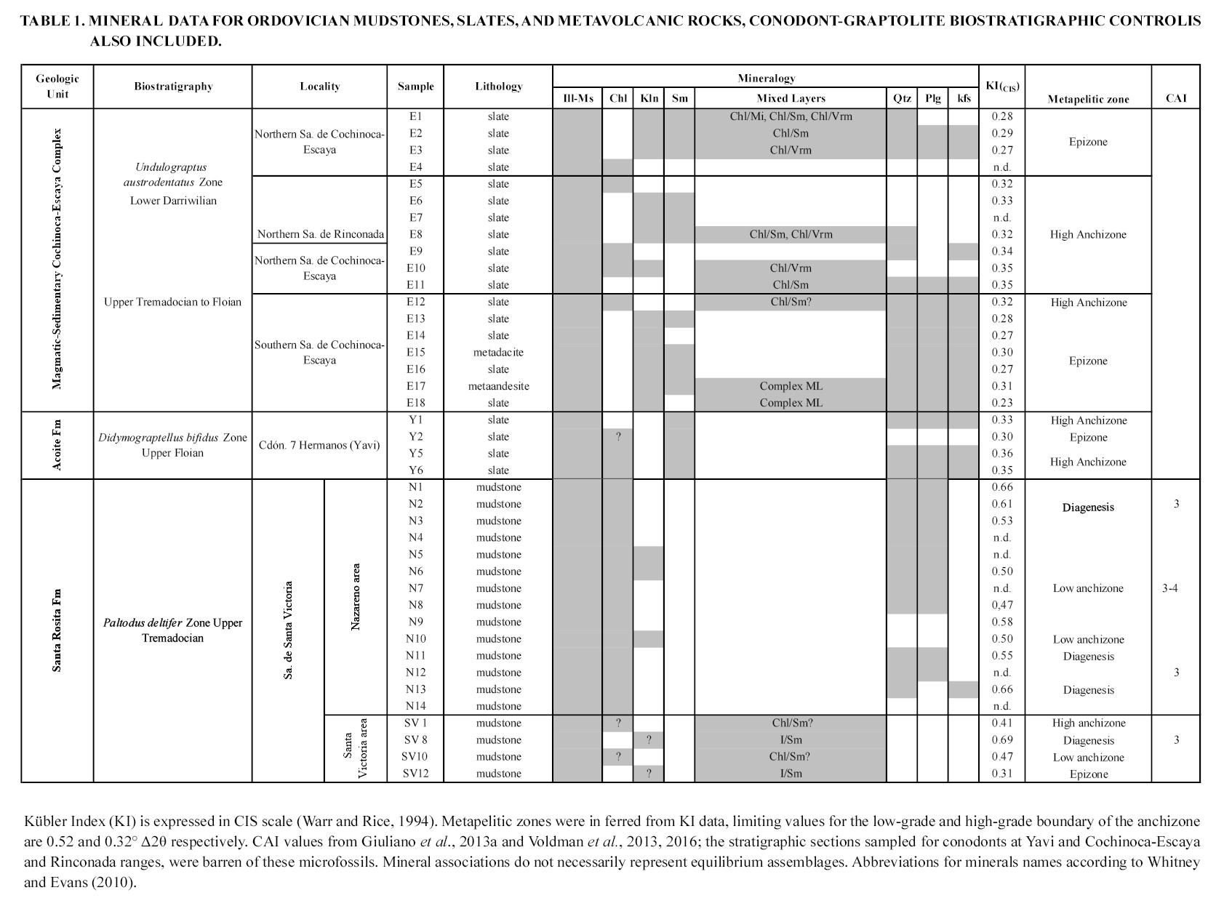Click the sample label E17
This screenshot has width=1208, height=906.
[x=415, y=386]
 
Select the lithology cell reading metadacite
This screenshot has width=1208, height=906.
[x=498, y=353]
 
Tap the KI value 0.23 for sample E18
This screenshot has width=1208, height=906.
[x=1001, y=403]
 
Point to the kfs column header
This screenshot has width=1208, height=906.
[x=964, y=98]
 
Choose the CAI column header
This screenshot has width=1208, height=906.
[x=1176, y=98]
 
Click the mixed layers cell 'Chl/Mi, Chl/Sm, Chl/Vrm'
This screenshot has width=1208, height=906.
[x=791, y=116]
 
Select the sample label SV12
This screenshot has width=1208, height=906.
[x=415, y=774]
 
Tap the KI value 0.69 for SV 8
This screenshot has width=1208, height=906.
[x=1001, y=740]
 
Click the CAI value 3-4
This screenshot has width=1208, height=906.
[x=1169, y=588]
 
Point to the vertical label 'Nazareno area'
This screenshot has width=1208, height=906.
[x=356, y=597]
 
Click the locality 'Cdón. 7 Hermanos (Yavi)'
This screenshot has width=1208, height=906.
[x=319, y=445]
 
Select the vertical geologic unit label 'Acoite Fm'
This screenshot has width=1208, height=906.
[x=57, y=445]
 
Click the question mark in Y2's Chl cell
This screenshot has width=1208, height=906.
[x=618, y=437]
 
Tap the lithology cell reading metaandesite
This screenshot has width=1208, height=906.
[x=498, y=386]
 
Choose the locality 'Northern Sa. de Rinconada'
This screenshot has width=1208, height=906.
[x=320, y=234]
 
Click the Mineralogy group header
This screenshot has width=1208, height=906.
[x=766, y=78]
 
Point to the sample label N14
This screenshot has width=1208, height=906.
[x=415, y=706]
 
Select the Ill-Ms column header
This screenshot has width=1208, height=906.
[x=577, y=98]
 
